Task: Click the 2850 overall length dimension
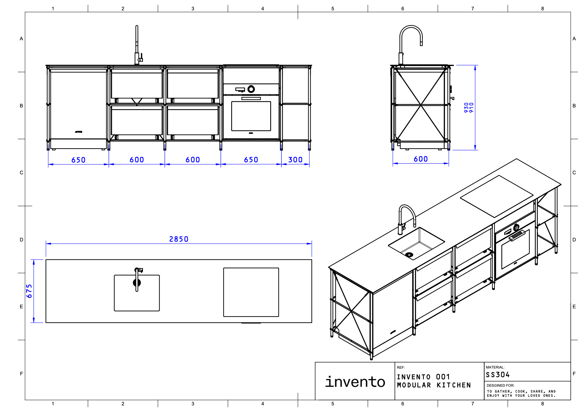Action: pyautogui.click(x=179, y=239)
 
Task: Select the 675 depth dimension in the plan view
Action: pyautogui.click(x=29, y=291)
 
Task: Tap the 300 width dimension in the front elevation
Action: pyautogui.click(x=295, y=160)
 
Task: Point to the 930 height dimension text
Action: pyautogui.click(x=466, y=107)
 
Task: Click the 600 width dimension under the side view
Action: pyautogui.click(x=420, y=159)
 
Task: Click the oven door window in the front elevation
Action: pyautogui.click(x=251, y=116)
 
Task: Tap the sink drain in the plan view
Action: pyautogui.click(x=137, y=283)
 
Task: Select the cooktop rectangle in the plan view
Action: pyautogui.click(x=251, y=292)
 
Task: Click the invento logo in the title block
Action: pyautogui.click(x=355, y=382)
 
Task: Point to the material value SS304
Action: pyautogui.click(x=498, y=375)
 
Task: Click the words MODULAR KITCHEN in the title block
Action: pyautogui.click(x=434, y=385)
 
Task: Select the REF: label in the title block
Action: pyautogui.click(x=401, y=368)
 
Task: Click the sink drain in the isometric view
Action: pyautogui.click(x=409, y=254)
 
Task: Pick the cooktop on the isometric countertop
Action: pyautogui.click(x=497, y=196)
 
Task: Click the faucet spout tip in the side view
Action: pyautogui.click(x=421, y=44)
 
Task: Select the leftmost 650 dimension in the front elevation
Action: pyautogui.click(x=78, y=160)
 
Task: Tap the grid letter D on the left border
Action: pyautogui.click(x=21, y=240)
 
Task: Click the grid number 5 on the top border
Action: pyautogui.click(x=333, y=9)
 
